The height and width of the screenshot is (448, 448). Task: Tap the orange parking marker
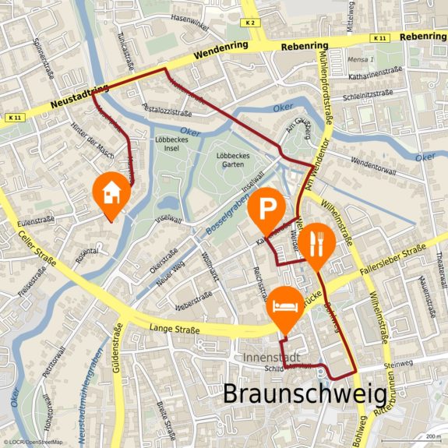click(267, 209)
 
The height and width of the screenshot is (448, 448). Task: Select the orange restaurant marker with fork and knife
click(316, 242)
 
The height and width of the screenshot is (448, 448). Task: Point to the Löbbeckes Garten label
click(231, 159)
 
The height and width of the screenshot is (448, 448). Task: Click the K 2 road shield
click(249, 23)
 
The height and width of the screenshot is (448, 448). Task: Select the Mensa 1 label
click(361, 59)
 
